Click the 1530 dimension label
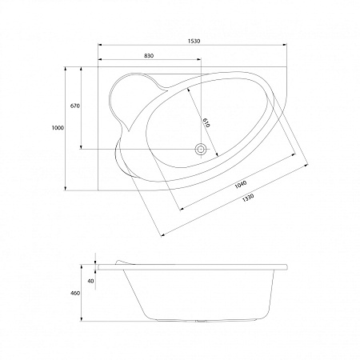pyautogui.click(x=194, y=41)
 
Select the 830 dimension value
pyautogui.click(x=149, y=56)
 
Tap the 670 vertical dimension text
pyautogui.click(x=75, y=106)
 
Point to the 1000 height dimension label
pyautogui.click(x=58, y=128)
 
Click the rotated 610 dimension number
pyautogui.click(x=206, y=122)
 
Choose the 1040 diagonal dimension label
pyautogui.click(x=241, y=185)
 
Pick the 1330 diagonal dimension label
pyautogui.click(x=248, y=198)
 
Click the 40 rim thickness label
pyautogui.click(x=91, y=281)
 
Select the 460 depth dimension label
pyautogui.click(x=75, y=294)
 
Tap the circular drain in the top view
pyautogui.click(x=201, y=149)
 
